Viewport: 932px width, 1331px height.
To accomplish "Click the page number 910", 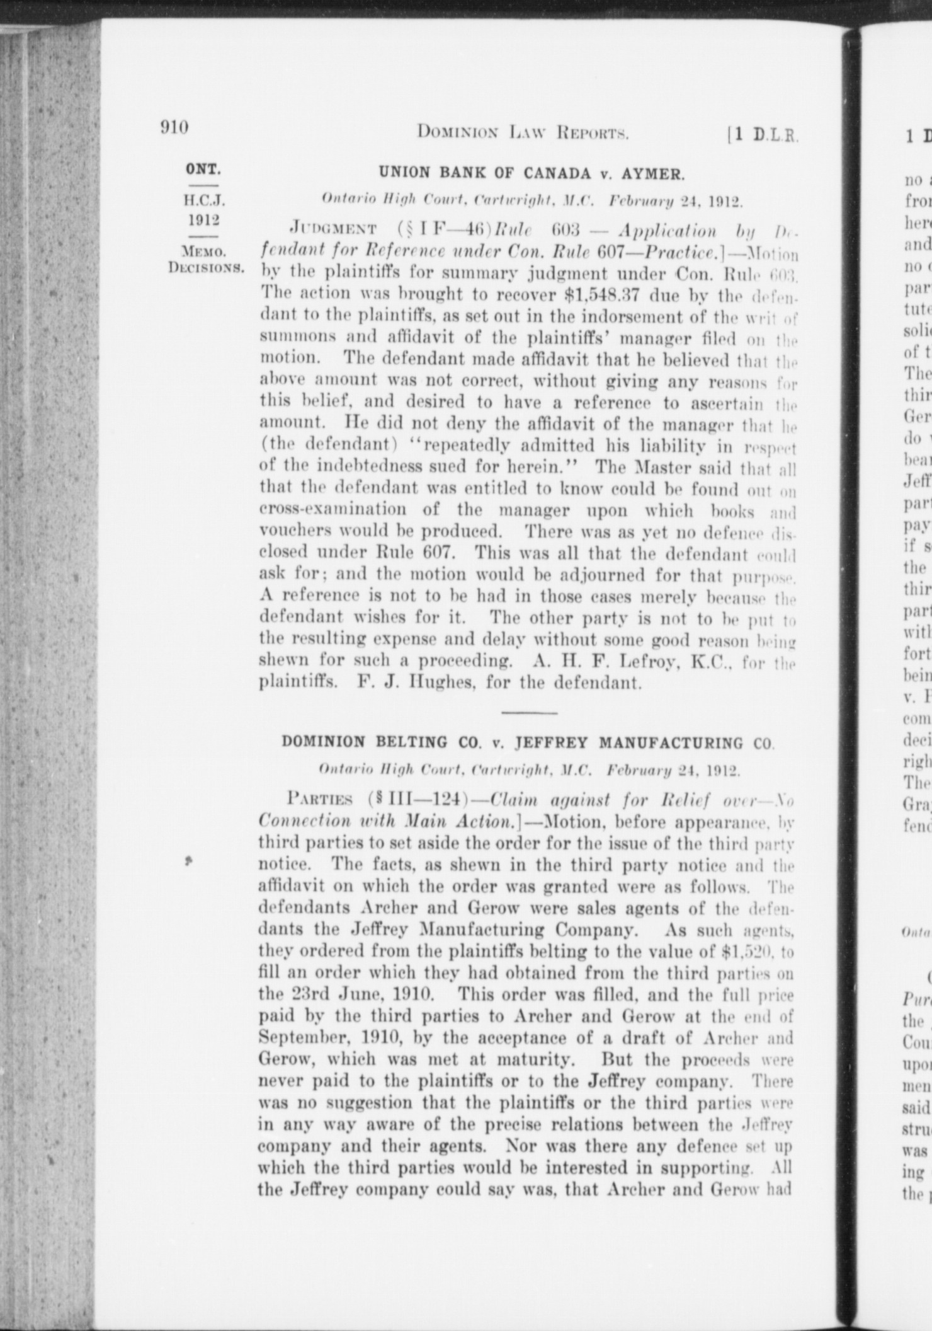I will [x=175, y=128].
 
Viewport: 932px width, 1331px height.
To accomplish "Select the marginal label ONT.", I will [x=203, y=170].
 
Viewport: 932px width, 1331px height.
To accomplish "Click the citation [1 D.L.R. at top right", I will [x=763, y=134].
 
